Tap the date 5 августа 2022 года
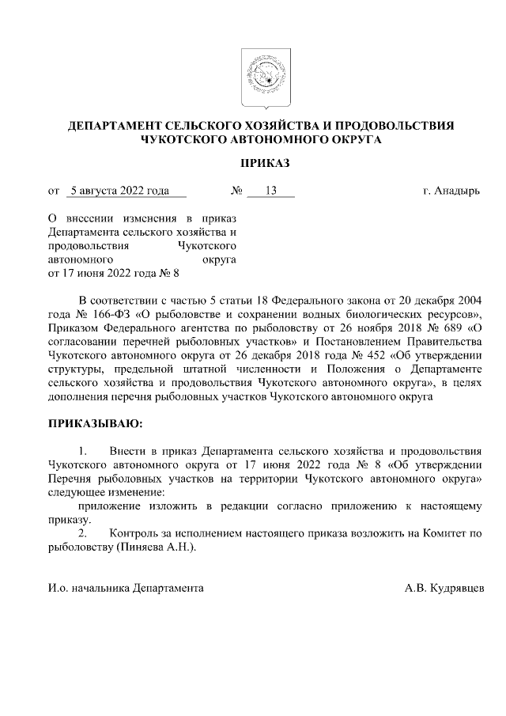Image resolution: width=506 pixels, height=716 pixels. click(x=119, y=191)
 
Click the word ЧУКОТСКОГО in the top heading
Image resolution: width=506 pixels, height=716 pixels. click(x=179, y=140)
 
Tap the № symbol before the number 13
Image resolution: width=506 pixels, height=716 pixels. click(x=236, y=191)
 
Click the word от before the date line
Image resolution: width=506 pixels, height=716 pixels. click(x=54, y=191)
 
